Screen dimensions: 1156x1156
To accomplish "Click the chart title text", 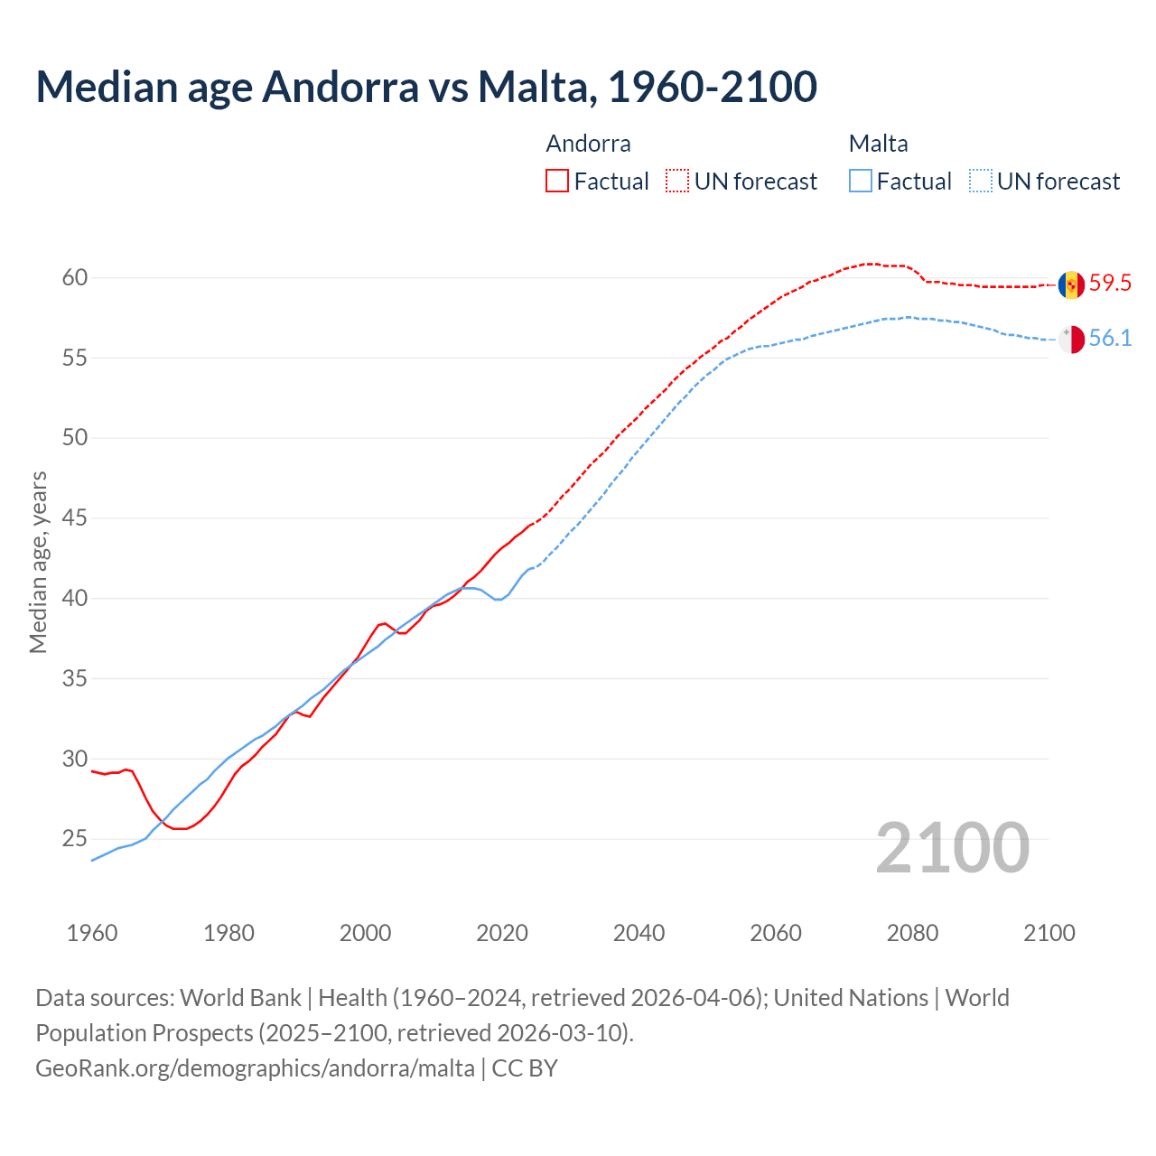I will tap(426, 87).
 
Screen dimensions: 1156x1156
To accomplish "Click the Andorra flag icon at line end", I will tap(1071, 284).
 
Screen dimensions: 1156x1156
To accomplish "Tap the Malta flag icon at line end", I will tap(1071, 340).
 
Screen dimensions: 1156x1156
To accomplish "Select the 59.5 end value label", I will tap(1110, 283).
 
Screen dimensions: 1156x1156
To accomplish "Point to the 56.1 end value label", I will tap(1110, 339).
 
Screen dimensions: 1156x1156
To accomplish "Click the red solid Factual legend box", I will tap(557, 181).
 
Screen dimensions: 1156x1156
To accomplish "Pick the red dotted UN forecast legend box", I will tap(677, 181).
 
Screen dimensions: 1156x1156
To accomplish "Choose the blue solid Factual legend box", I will tap(861, 181).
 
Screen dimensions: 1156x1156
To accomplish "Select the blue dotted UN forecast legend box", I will tap(981, 181).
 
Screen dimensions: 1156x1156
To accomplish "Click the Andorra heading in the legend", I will tap(588, 144).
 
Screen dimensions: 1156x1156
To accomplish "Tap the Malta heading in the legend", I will tap(878, 144).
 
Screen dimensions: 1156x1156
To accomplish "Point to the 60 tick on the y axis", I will tap(75, 277).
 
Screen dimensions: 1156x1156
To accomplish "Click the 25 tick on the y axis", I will tap(75, 839).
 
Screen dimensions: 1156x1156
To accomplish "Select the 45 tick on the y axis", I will tap(75, 518).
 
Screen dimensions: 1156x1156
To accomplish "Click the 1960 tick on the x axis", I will tap(92, 933).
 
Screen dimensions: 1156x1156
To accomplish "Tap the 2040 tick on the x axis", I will tap(639, 933).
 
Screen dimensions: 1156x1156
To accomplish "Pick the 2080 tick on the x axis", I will tap(912, 933).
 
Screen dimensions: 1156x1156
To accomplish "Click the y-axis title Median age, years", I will tap(38, 562).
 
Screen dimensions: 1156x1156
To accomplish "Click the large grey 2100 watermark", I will tap(952, 848).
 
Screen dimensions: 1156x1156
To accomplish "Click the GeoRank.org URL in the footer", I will tap(255, 1068).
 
